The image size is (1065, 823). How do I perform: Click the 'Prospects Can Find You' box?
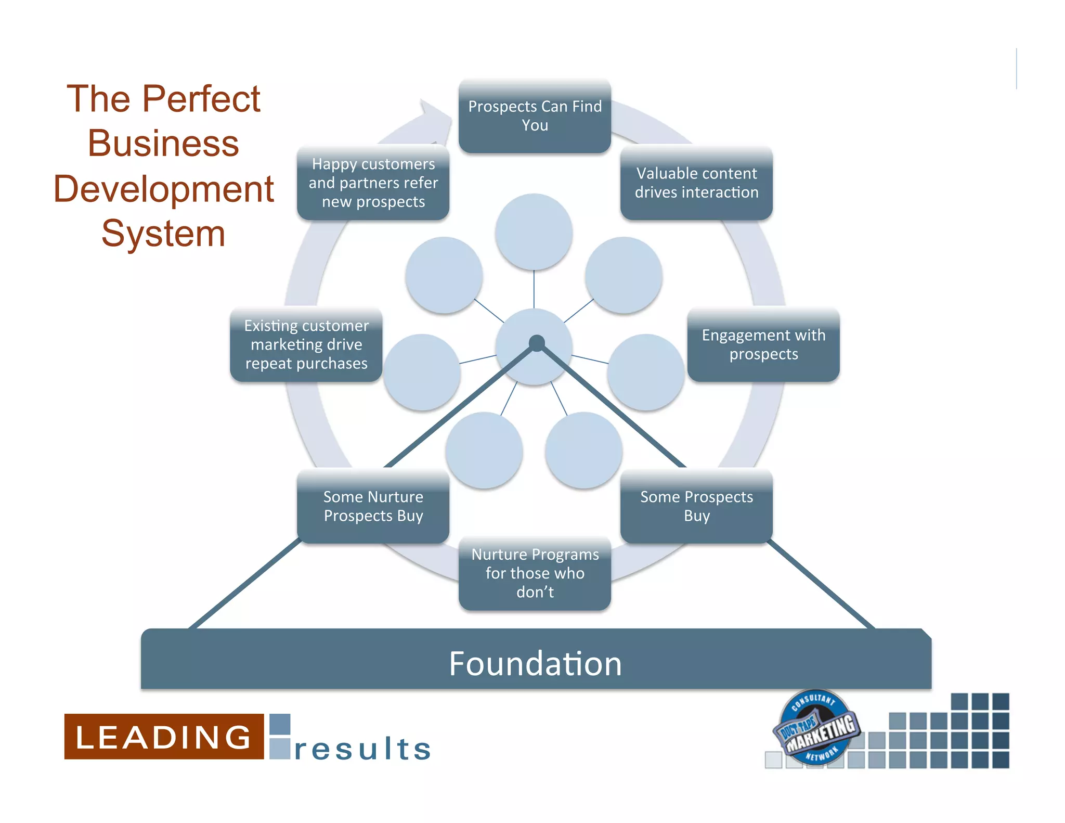(535, 116)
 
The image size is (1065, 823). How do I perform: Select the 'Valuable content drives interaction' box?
(696, 183)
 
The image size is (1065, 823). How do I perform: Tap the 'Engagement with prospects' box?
(763, 344)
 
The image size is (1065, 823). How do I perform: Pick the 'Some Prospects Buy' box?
(696, 506)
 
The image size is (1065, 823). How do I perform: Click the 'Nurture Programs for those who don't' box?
(535, 573)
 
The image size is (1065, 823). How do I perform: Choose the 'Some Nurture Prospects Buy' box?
(373, 506)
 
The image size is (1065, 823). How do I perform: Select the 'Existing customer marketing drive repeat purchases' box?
(306, 344)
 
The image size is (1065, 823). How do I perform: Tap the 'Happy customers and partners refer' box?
(373, 183)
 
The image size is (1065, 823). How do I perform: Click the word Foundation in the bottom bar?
(535, 664)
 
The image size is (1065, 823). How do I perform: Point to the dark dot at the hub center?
(537, 343)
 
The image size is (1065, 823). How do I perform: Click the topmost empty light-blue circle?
(534, 232)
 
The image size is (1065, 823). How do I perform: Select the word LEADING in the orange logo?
(163, 737)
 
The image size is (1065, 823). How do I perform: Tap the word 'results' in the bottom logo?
(363, 749)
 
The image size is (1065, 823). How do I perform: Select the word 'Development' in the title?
(163, 189)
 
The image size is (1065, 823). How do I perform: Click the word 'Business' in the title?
(163, 144)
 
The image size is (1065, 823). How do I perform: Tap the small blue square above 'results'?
(280, 724)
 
